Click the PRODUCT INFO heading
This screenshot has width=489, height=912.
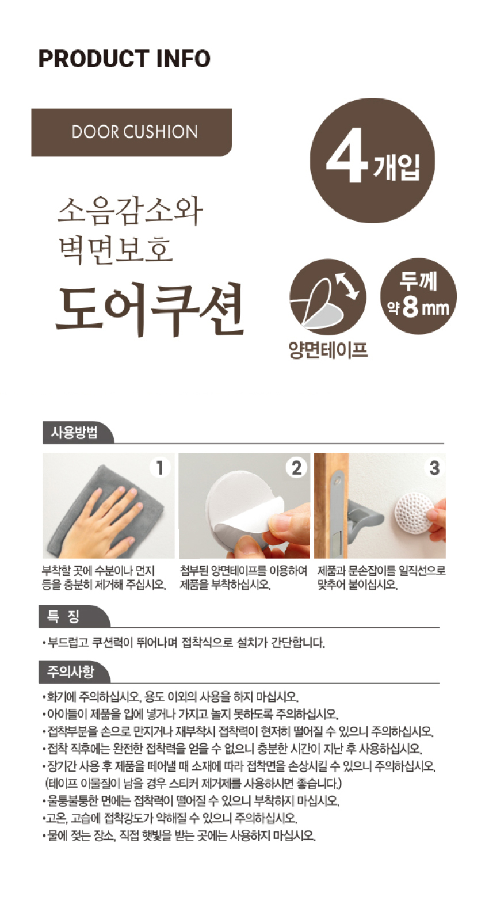point(124,59)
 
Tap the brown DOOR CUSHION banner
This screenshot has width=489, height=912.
point(132,132)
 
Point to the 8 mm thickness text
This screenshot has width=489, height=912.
point(426,308)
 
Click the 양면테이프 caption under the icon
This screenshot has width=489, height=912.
point(328,350)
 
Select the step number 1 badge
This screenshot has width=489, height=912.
point(159,468)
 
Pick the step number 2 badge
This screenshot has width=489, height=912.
point(296,468)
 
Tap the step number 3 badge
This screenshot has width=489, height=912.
point(434,468)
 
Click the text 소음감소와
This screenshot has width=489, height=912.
point(130,211)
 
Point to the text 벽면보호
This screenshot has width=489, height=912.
point(115,250)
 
